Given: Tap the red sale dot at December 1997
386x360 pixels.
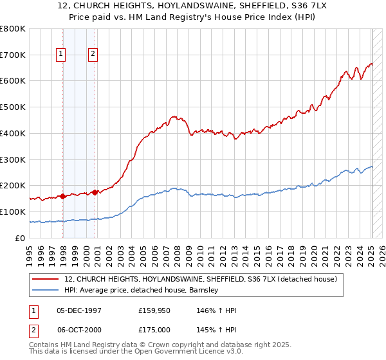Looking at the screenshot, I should point(63,196).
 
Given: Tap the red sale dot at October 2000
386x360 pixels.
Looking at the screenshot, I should point(95,192).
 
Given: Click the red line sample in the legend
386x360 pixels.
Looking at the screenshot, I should point(46,279).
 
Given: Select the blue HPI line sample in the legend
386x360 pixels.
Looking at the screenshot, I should point(46,290).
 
